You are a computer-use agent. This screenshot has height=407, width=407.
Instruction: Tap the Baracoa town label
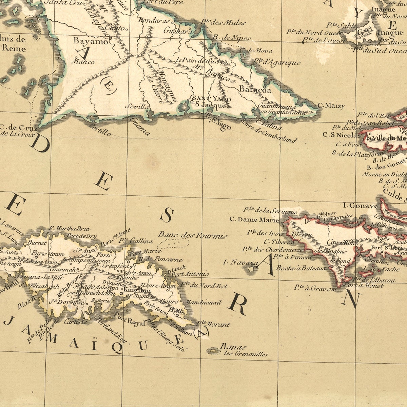coord(255,90)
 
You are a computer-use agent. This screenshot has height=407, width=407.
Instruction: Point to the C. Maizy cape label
coord(331,106)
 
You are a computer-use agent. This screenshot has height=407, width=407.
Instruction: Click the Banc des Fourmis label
coord(193,235)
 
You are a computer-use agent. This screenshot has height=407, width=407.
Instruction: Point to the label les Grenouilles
coord(246,354)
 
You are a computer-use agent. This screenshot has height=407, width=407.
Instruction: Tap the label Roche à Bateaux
coord(301,268)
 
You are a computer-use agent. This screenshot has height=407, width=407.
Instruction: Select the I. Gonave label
coord(360,206)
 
